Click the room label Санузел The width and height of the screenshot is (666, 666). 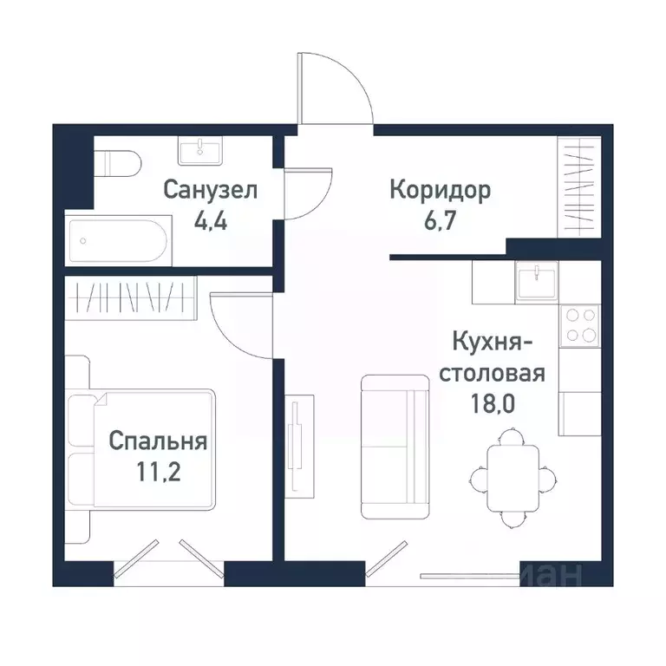(211, 189)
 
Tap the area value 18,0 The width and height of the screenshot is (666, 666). (492, 403)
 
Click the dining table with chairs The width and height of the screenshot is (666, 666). (511, 475)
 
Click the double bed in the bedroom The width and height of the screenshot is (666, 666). (152, 448)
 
